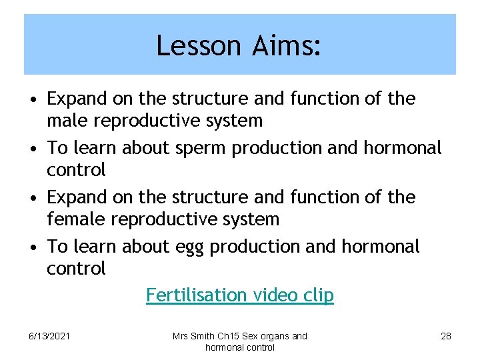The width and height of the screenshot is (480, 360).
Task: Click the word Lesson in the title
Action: coord(189,46)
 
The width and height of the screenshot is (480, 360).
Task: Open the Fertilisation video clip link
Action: coord(240,295)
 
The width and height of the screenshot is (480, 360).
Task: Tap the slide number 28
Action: coord(446,336)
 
